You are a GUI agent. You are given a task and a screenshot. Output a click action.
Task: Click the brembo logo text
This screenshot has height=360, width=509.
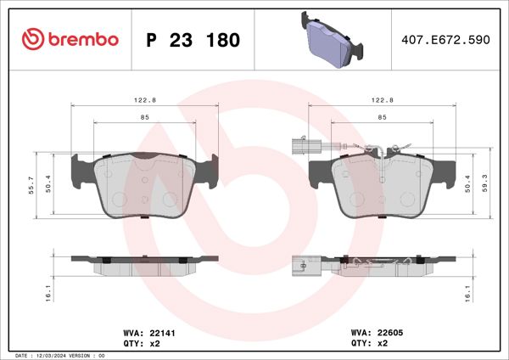click(82, 39)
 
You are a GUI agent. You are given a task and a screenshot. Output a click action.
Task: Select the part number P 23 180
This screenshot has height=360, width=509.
click(193, 40)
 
